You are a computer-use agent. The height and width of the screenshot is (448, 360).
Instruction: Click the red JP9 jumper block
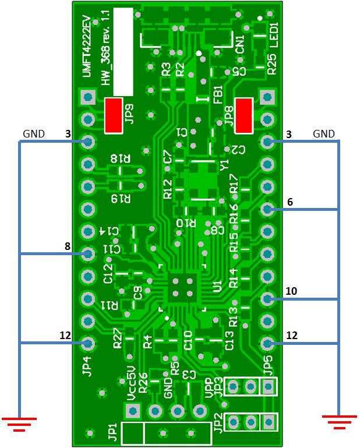point(113,115)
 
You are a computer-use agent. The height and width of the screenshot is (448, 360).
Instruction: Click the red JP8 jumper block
point(243,115)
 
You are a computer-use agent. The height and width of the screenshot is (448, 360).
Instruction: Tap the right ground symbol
point(338,421)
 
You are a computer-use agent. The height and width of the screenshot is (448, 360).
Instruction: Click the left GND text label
point(33,134)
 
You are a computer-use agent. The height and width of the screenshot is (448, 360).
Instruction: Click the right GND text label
point(324,134)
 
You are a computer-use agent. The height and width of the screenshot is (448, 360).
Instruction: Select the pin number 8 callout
point(68,246)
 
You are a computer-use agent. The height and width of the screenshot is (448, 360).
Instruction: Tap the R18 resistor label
point(121,159)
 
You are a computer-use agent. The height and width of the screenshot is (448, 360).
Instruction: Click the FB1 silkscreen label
point(217,94)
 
